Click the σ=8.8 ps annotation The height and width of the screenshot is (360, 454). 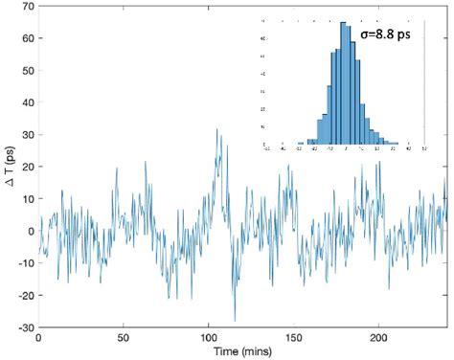(x=390, y=34)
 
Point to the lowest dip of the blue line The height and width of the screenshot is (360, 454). (x=235, y=321)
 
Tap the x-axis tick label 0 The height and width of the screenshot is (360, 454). (x=38, y=338)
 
